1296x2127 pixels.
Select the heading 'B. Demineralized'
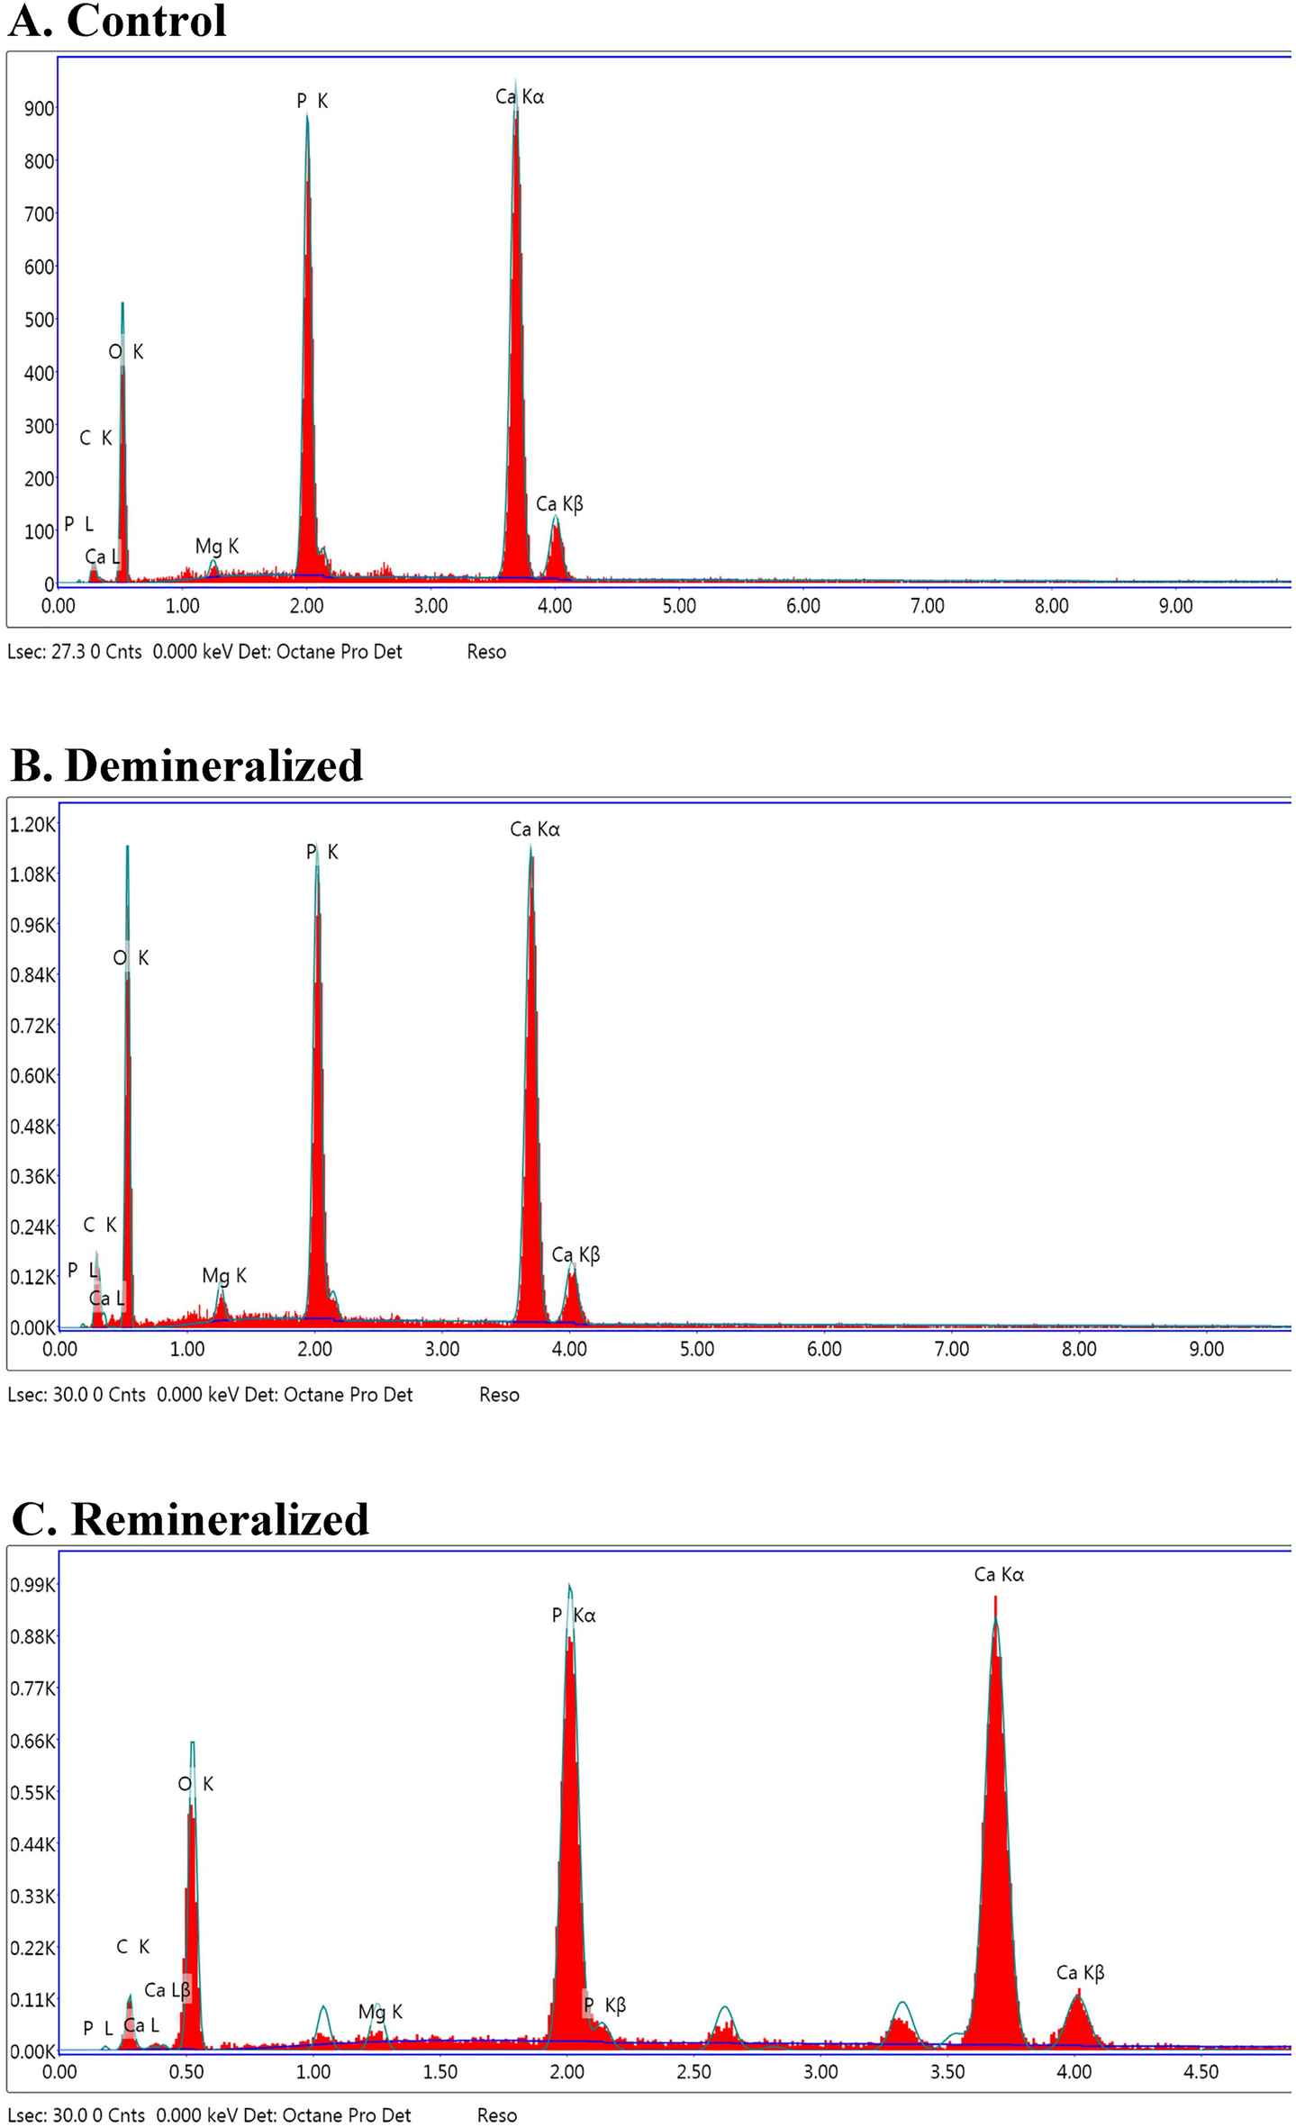tap(186, 765)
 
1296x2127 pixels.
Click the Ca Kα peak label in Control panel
tap(520, 96)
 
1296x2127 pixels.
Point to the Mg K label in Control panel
tap(217, 546)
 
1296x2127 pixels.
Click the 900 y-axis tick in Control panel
tap(40, 109)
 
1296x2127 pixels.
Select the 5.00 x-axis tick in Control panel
tap(679, 606)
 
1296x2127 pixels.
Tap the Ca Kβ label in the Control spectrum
tap(559, 503)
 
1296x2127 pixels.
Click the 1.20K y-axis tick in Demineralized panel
tap(32, 825)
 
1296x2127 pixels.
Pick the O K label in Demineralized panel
tap(131, 958)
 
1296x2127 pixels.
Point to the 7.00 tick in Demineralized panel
tap(952, 1348)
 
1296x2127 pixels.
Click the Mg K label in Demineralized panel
tap(223, 1275)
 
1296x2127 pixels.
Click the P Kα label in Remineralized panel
tap(574, 1616)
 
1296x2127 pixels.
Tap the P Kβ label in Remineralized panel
tap(605, 2005)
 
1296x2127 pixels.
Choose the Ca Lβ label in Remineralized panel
tap(168, 1989)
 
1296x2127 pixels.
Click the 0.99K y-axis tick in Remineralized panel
tap(32, 1584)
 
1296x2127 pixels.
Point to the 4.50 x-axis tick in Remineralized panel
tap(1201, 2072)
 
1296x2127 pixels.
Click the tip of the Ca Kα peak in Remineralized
tap(995, 1598)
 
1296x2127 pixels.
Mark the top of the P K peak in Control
tap(307, 115)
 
